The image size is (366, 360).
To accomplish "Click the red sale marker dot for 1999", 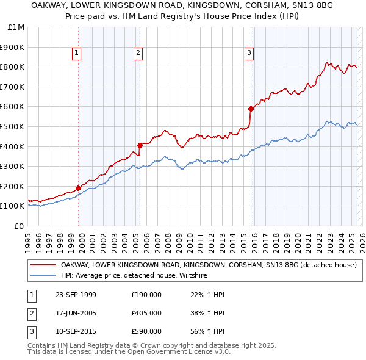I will pos(79,188).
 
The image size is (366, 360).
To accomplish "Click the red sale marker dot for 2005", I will pos(140,145).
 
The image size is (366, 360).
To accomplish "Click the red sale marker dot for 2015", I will pos(250,109).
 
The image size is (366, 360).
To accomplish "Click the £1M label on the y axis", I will pos(16,27).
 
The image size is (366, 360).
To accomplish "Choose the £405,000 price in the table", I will pos(146,314).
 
